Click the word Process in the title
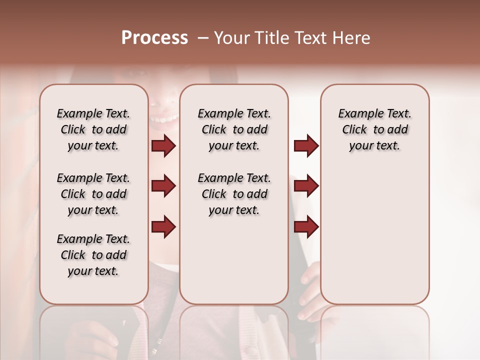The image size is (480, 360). tap(154, 38)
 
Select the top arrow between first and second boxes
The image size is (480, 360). tap(163, 145)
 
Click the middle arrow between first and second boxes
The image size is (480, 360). tap(163, 186)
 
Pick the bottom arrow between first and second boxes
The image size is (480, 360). tap(163, 226)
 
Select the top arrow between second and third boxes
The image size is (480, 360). tap(306, 145)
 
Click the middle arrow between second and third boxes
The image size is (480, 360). tap(306, 186)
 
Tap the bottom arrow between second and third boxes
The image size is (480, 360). tap(306, 226)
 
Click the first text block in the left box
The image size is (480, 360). tap(93, 129)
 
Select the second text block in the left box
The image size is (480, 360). tap(93, 194)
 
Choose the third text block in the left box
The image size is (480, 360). tap(93, 255)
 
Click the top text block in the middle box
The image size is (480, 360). tap(234, 129)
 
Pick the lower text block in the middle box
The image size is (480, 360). tap(234, 194)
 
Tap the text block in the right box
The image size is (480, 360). tap(374, 129)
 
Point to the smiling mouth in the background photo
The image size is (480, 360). tap(165, 119)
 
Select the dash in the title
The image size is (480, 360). tap(203, 38)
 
